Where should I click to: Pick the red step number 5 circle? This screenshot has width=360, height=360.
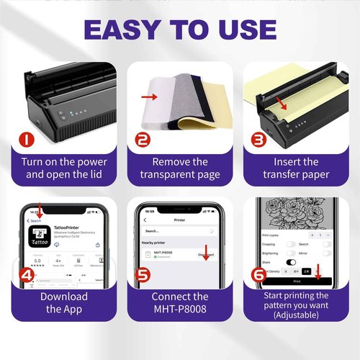(x=142, y=274)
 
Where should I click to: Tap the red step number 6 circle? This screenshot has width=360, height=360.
(x=258, y=274)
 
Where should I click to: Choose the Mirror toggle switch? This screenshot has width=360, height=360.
(x=328, y=253)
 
